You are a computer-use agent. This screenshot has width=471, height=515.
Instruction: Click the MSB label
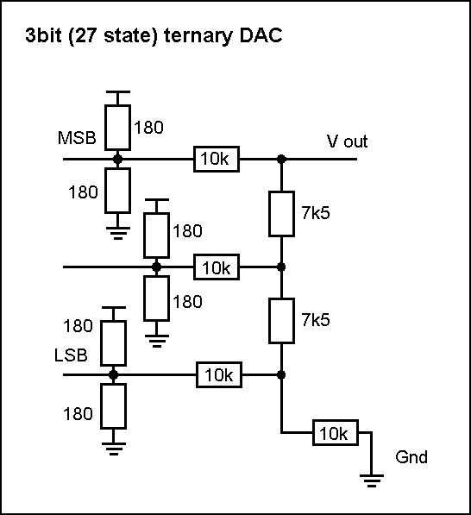77,138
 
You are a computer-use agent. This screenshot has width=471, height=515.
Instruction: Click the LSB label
71,355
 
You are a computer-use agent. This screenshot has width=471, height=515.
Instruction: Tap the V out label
347,141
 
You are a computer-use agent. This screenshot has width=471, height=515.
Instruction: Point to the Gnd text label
411,457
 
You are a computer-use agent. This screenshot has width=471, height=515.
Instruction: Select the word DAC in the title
261,35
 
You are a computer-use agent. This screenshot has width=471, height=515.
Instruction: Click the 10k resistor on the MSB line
217,159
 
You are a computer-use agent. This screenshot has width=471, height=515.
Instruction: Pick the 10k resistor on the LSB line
219,374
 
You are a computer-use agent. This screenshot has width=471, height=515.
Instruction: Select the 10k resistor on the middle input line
217,267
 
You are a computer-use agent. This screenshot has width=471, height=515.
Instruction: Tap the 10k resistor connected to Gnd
335,432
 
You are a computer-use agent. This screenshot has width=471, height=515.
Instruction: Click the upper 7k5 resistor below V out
281,214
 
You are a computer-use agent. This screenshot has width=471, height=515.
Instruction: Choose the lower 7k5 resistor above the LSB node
281,321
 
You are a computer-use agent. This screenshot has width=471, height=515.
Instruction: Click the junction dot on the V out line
281,160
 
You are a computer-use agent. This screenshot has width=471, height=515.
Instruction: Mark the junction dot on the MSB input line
117,160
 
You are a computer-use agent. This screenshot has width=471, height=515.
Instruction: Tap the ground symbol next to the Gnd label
372,480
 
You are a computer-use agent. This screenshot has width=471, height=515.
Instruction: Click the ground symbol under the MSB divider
118,233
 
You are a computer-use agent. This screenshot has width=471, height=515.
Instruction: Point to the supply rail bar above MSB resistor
118,92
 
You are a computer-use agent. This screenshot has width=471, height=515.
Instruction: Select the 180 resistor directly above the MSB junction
117,128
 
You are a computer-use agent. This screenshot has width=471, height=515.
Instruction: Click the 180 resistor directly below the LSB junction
113,406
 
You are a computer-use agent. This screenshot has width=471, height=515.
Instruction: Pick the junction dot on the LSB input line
113,374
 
